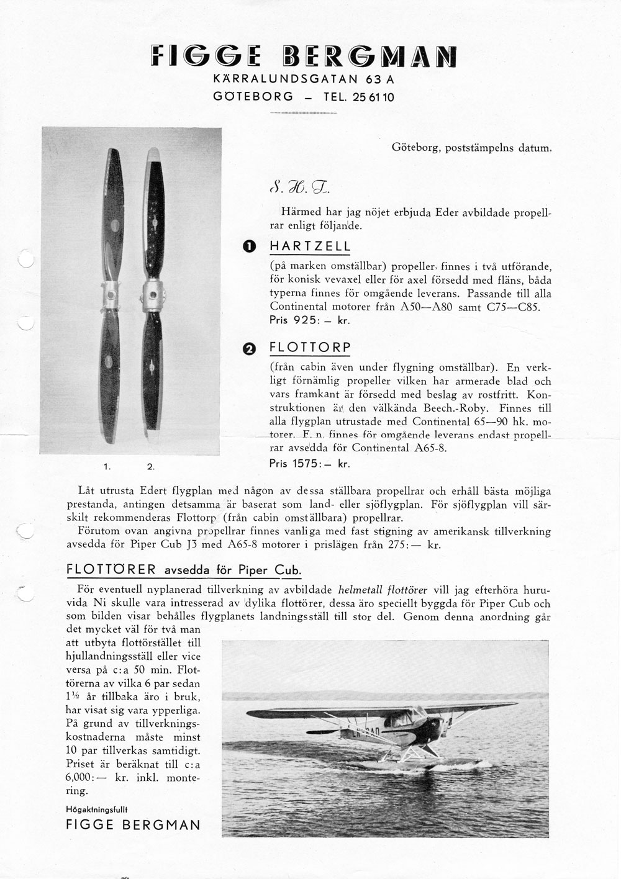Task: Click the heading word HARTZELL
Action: click(x=310, y=246)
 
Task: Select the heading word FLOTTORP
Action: click(x=310, y=347)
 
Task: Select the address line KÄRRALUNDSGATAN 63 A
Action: click(x=303, y=79)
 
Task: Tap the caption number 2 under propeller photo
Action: click(x=150, y=466)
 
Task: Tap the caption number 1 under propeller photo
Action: click(x=107, y=466)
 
